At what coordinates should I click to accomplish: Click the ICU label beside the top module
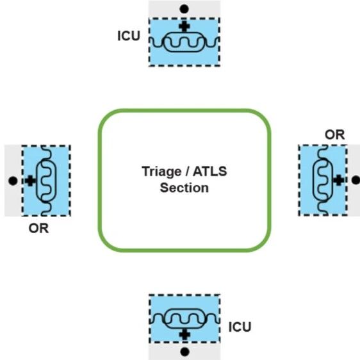129,36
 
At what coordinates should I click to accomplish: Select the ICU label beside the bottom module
240,327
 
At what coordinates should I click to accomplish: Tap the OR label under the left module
38,229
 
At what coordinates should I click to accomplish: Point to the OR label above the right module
335,135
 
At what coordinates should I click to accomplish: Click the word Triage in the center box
161,172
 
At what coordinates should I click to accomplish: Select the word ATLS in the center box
210,171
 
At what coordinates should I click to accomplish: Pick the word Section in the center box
184,188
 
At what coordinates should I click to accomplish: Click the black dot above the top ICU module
184,9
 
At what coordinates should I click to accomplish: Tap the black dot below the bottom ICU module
184,352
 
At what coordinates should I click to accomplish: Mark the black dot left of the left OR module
13,181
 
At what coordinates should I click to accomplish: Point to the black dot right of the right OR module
356,180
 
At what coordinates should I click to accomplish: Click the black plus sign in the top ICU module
184,26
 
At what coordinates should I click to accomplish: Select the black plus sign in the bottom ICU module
184,334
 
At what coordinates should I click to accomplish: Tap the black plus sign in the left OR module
30,181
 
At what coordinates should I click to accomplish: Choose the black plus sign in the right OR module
338,180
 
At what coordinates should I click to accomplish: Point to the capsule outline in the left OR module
37,181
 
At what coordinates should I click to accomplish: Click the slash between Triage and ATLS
187,172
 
